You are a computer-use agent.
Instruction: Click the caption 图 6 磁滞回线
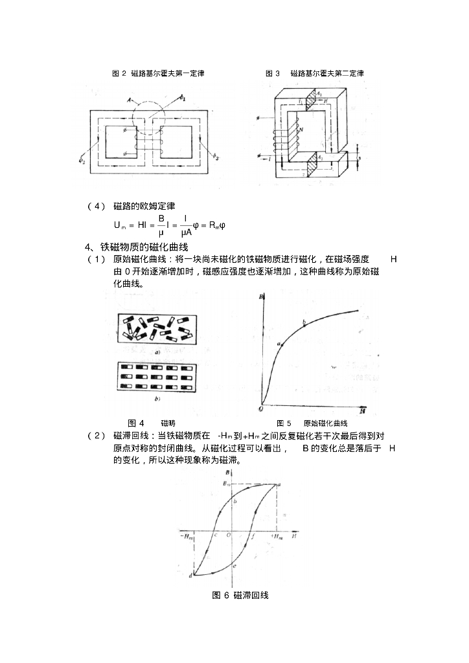click(240, 596)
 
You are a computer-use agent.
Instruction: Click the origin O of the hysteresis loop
click(228, 535)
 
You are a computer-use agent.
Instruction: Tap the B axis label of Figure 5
click(260, 297)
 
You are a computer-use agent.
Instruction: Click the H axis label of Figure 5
click(363, 410)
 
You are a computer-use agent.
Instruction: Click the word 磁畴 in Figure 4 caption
click(168, 423)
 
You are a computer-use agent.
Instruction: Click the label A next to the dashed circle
click(130, 100)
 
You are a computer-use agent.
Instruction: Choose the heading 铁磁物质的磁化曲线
click(144, 247)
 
